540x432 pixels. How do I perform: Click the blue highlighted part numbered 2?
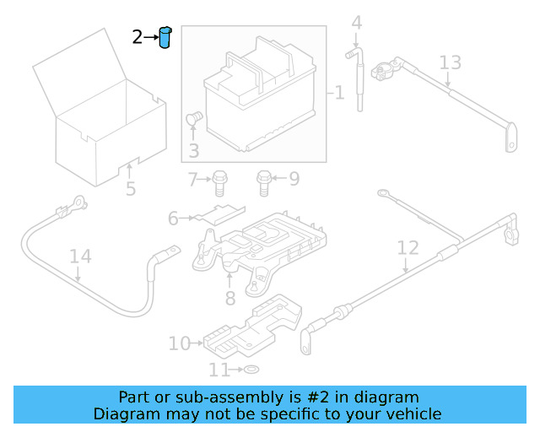165,38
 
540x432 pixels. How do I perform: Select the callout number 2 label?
138,37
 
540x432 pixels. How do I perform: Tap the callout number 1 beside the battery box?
339,92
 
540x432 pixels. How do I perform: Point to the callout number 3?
193,151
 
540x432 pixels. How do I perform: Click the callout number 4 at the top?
357,23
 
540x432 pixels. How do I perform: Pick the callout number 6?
173,219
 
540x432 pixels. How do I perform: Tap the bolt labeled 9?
264,180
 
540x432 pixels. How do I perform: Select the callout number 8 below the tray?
229,297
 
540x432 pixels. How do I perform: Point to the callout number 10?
179,343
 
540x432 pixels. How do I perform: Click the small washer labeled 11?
251,370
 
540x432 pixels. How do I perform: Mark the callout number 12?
408,247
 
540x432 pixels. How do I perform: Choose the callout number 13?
451,62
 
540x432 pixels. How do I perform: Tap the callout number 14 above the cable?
79,256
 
